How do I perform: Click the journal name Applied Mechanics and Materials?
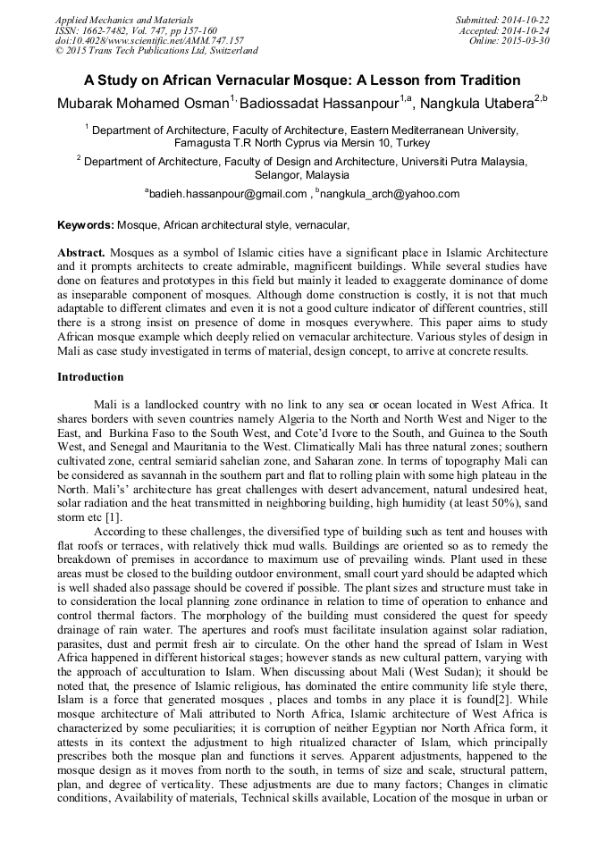coord(123,19)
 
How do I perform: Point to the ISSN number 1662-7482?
coord(105,29)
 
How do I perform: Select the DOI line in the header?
coord(149,40)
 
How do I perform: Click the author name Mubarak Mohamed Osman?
coord(142,103)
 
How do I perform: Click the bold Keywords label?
coord(85,225)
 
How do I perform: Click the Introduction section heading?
coord(90,377)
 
